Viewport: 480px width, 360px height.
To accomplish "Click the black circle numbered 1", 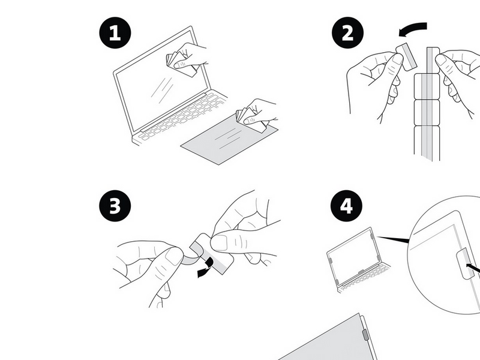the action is (x=115, y=33).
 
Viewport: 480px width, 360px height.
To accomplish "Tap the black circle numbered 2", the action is (x=348, y=32).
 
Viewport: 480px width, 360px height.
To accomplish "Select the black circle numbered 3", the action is (x=115, y=206).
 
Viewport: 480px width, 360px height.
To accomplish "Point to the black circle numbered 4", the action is (x=347, y=206).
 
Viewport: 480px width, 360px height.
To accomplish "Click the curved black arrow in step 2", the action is (x=413, y=28).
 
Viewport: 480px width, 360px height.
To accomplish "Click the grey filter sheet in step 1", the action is (x=230, y=139).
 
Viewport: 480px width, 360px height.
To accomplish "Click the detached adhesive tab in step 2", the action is (x=407, y=57).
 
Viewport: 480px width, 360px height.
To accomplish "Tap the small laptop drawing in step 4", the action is (x=358, y=260).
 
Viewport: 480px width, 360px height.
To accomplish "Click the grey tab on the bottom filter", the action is (x=365, y=334).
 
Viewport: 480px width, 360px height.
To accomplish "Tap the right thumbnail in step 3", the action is (x=219, y=243).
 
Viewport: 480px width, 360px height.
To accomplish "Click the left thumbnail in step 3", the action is (x=174, y=256).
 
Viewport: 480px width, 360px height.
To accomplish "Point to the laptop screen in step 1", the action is (x=161, y=80).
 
